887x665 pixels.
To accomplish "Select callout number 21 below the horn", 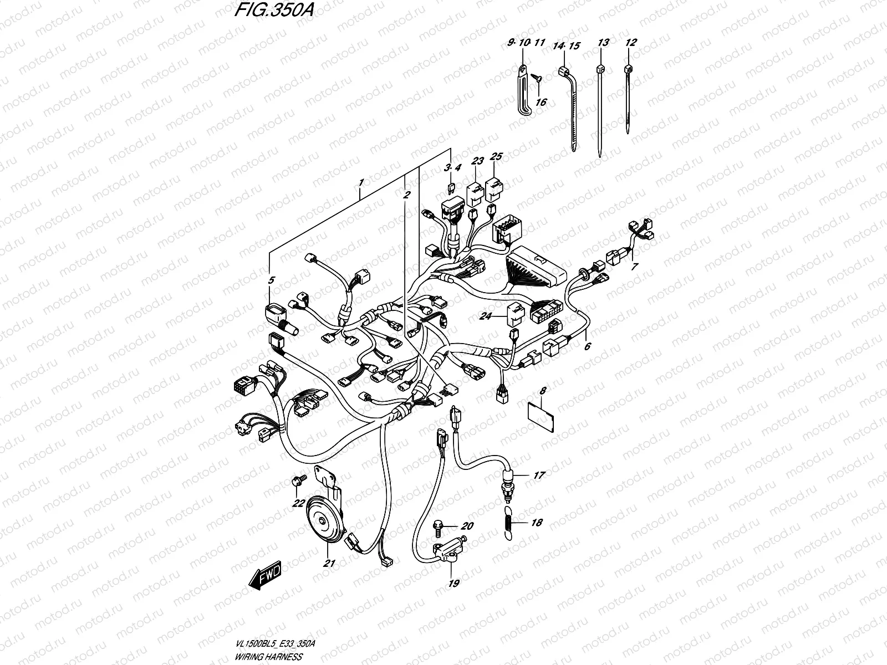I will [330, 563].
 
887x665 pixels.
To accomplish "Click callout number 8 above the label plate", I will [543, 391].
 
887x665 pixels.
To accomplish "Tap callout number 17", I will [539, 475].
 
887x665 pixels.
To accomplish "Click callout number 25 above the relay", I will [496, 157].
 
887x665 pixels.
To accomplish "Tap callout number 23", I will [477, 161].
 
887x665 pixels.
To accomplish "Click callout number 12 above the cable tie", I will [630, 42].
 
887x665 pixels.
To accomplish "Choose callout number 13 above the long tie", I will [603, 43].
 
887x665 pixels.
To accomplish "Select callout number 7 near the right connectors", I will [635, 267].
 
